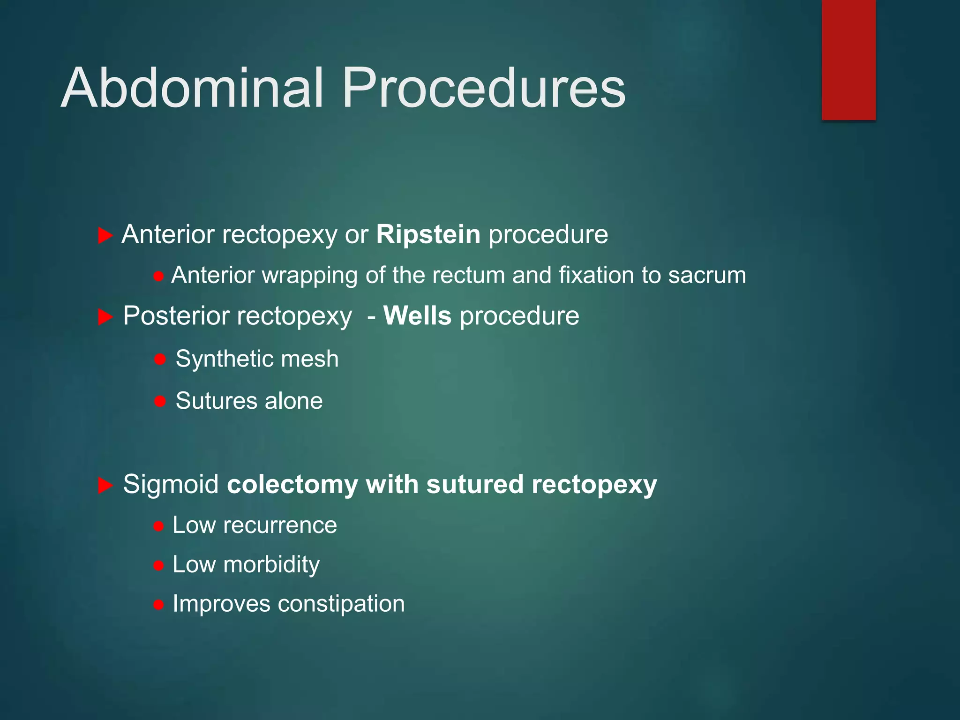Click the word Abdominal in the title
[x=192, y=88]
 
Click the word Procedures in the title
[x=484, y=88]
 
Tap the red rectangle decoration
[x=848, y=60]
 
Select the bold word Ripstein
[x=428, y=234]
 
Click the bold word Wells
[x=417, y=316]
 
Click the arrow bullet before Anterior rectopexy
[x=105, y=235]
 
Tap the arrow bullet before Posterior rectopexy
[x=105, y=317]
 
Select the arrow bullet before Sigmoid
[x=105, y=486]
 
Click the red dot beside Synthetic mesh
[x=160, y=360]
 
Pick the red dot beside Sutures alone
[x=160, y=401]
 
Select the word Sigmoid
[x=171, y=484]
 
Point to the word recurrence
[x=280, y=525]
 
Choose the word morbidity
[x=271, y=565]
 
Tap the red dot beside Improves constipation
[x=158, y=605]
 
